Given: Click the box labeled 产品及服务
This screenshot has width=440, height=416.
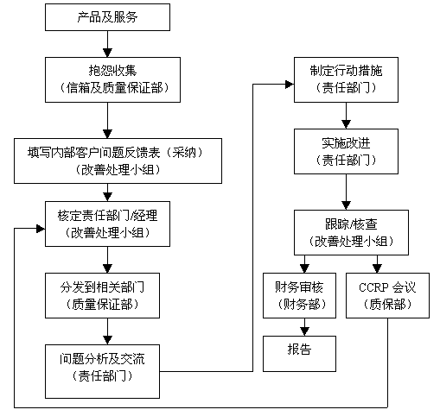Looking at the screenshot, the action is click(107, 17).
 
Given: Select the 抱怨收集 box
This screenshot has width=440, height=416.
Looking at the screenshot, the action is click(112, 79).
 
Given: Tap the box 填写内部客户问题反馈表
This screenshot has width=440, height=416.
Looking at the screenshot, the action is click(118, 161).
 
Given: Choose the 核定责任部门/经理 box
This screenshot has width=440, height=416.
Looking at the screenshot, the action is click(107, 224).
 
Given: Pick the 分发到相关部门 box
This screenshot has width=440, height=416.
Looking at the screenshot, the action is click(102, 295).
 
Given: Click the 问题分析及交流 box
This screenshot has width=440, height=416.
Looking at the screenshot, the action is click(102, 371).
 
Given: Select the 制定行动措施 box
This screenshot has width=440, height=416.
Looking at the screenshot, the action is click(346, 79).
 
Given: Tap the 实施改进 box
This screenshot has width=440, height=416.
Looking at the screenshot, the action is click(346, 151).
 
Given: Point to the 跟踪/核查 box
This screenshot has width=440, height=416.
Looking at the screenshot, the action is click(351, 232).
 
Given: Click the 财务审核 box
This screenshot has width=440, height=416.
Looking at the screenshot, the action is click(299, 295).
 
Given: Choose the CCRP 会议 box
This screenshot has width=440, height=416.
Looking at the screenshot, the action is click(387, 295).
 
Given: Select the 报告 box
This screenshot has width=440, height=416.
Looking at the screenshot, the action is click(299, 354).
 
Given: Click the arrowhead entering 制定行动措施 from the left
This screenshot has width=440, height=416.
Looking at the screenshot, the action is click(290, 85).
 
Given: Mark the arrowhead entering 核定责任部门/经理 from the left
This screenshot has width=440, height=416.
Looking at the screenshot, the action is click(41, 229).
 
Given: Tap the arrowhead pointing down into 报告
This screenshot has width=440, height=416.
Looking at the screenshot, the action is click(304, 331).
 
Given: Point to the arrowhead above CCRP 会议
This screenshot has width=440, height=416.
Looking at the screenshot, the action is click(377, 268).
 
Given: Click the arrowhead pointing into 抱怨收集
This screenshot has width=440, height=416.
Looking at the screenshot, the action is click(107, 53).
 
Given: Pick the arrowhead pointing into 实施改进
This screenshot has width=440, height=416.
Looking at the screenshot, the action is click(346, 124).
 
